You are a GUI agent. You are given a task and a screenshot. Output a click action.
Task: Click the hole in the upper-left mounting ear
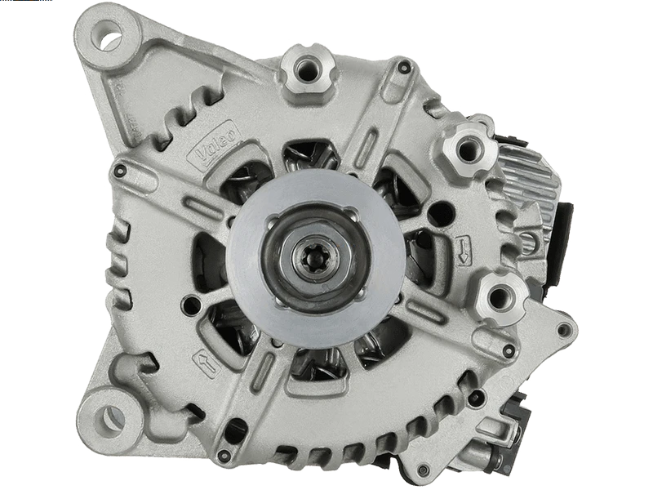(109, 33)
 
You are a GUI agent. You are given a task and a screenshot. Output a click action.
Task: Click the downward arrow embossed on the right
(464, 250)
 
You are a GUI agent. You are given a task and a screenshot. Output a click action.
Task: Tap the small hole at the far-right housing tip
(563, 330)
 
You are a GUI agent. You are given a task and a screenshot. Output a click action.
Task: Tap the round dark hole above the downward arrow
(441, 214)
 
